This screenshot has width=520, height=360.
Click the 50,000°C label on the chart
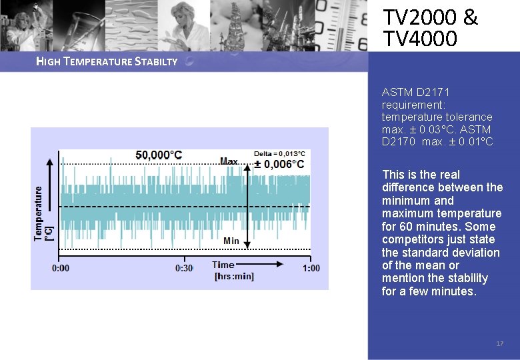(159, 155)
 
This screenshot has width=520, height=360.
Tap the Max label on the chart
(229, 161)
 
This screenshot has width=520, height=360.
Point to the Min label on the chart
(231, 240)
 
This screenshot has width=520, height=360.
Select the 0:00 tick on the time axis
(61, 268)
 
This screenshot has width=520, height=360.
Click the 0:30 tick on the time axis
(184, 268)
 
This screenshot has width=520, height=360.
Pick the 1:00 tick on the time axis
(311, 268)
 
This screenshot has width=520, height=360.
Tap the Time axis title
(223, 265)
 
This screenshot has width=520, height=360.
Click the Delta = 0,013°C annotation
(279, 153)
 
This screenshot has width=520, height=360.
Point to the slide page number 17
(499, 343)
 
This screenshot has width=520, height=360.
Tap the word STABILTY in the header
(157, 62)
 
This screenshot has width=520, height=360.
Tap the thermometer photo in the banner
(343, 25)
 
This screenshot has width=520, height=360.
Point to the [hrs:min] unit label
(234, 276)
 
